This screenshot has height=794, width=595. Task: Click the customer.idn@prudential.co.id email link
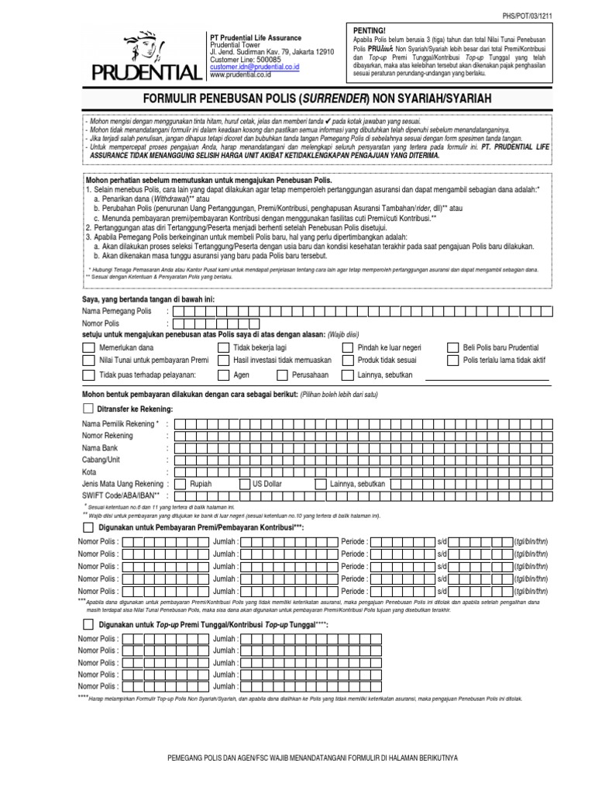[x=254, y=67]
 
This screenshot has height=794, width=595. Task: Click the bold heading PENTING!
[x=370, y=29]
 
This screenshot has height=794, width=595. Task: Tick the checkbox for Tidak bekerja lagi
[x=223, y=348]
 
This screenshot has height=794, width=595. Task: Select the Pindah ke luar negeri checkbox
[x=348, y=348]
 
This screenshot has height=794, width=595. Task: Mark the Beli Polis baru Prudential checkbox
[x=454, y=348]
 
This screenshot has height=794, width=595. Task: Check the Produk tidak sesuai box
[x=348, y=361]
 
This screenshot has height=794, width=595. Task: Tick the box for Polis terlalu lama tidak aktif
[x=454, y=361]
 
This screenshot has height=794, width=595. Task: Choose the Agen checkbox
[x=223, y=375]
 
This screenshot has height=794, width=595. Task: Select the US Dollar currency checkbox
[x=247, y=483]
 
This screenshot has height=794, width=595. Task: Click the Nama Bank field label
[x=101, y=448]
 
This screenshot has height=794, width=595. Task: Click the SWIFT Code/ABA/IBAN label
[x=121, y=495]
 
